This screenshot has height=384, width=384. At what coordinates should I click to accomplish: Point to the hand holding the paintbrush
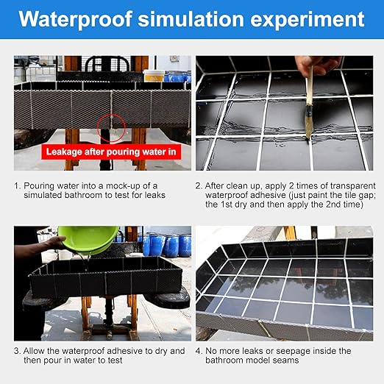pyautogui.click(x=316, y=65)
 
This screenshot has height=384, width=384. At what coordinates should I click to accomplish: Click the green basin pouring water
pyautogui.click(x=88, y=239)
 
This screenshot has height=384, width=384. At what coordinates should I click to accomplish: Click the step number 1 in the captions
pyautogui.click(x=17, y=185)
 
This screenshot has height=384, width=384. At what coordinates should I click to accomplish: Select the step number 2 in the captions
pyautogui.click(x=199, y=185)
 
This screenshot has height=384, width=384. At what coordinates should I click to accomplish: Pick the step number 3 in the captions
pyautogui.click(x=17, y=352)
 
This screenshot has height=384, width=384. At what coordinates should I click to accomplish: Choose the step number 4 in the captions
pyautogui.click(x=199, y=352)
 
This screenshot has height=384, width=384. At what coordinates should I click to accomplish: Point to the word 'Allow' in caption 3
pyautogui.click(x=37, y=352)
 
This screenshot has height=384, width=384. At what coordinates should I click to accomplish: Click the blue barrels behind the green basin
pyautogui.click(x=166, y=245)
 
